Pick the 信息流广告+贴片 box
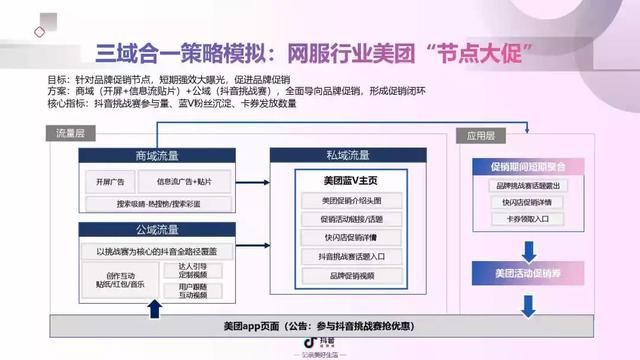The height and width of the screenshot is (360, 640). point(185,183)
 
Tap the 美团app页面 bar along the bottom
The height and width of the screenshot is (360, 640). point(320,326)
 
